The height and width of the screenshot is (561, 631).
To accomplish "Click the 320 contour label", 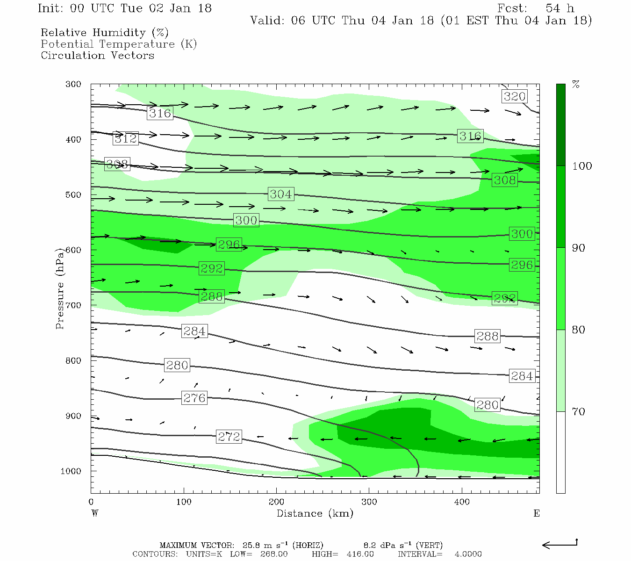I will pyautogui.click(x=515, y=96).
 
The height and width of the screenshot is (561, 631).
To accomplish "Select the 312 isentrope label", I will pyautogui.click(x=126, y=138).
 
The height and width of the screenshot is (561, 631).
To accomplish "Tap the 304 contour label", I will pyautogui.click(x=280, y=194).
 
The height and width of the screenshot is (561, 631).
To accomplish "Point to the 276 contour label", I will pyautogui.click(x=194, y=398).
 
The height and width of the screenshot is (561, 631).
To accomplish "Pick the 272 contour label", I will pyautogui.click(x=229, y=437).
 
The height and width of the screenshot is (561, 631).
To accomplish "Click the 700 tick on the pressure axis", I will pyautogui.click(x=73, y=305).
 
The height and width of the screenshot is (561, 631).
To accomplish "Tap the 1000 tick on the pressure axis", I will pyautogui.click(x=71, y=471).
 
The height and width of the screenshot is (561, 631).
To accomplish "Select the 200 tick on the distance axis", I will pyautogui.click(x=276, y=502).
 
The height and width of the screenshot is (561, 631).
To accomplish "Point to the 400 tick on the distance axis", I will pyautogui.click(x=462, y=502).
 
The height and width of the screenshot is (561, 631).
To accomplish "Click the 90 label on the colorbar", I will pyautogui.click(x=579, y=248).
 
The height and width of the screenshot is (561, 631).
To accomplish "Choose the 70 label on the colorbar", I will pyautogui.click(x=579, y=412).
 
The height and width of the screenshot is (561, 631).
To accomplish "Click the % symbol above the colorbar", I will pyautogui.click(x=576, y=85).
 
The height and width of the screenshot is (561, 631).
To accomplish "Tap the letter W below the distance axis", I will pyautogui.click(x=95, y=513).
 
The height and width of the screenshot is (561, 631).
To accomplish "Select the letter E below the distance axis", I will pyautogui.click(x=537, y=513).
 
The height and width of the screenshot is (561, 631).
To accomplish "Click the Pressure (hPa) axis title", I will pyautogui.click(x=60, y=288).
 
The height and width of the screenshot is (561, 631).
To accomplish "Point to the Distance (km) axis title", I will pyautogui.click(x=315, y=513).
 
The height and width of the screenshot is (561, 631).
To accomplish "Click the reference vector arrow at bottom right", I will pyautogui.click(x=559, y=544).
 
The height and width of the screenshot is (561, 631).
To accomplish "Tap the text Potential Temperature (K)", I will pyautogui.click(x=119, y=44).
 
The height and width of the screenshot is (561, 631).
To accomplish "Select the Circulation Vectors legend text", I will pyautogui.click(x=97, y=55).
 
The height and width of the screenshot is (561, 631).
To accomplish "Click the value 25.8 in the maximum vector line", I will pyautogui.click(x=250, y=545).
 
